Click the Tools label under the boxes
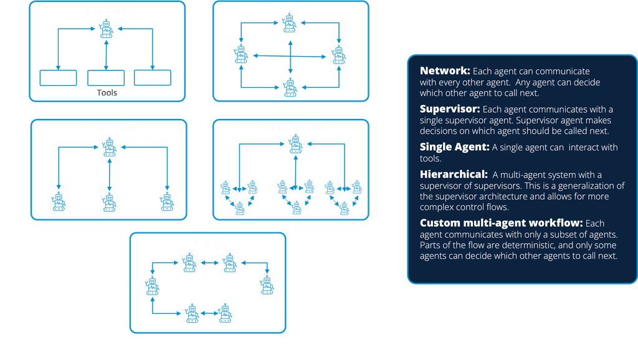click(107, 93)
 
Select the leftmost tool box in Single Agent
click(58, 78)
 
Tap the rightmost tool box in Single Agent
click(153, 78)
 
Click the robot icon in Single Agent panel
click(107, 29)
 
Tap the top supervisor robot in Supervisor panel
click(110, 147)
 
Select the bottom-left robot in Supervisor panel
click(59, 201)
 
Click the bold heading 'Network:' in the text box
click(444, 71)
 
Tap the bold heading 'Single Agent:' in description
click(454, 147)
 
